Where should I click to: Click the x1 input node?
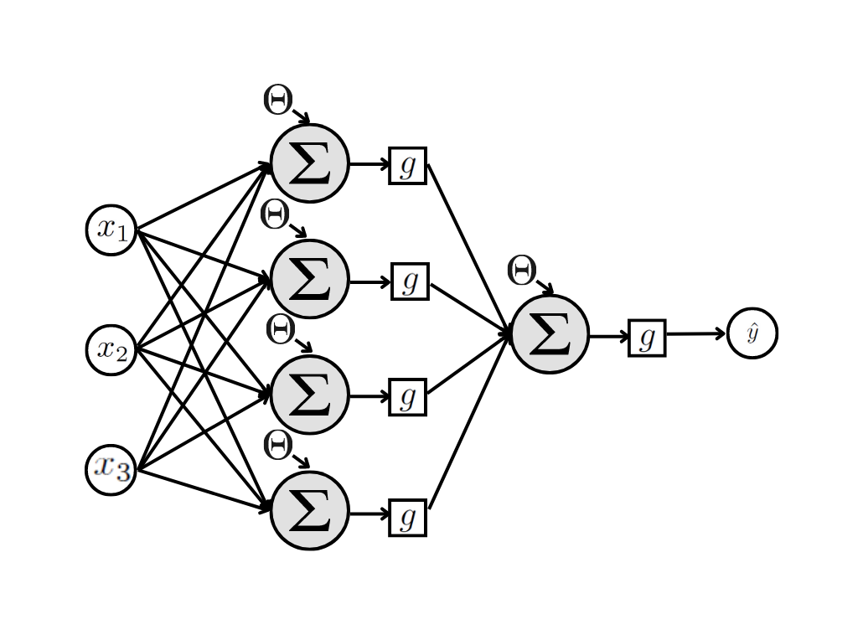(x=111, y=230)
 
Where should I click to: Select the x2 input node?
(x=111, y=349)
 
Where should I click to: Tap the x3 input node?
(x=111, y=469)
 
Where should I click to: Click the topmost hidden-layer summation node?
(x=309, y=163)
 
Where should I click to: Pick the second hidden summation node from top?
(x=309, y=279)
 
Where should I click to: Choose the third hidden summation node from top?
(x=309, y=395)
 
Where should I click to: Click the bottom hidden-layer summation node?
(x=309, y=511)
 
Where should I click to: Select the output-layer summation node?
(x=550, y=333)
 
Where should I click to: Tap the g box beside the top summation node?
(x=408, y=165)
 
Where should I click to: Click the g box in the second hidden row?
(x=410, y=281)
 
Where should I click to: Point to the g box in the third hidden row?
(x=408, y=396)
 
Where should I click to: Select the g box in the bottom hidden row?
(x=408, y=517)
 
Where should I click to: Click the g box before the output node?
(x=647, y=338)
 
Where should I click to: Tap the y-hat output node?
(x=752, y=333)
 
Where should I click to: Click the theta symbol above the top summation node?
(x=277, y=100)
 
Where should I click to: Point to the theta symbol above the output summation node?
(x=521, y=270)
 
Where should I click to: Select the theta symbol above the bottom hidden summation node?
(x=277, y=444)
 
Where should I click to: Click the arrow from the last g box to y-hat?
(x=695, y=334)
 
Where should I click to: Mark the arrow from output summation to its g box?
(x=608, y=337)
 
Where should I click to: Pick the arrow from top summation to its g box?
(x=369, y=164)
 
